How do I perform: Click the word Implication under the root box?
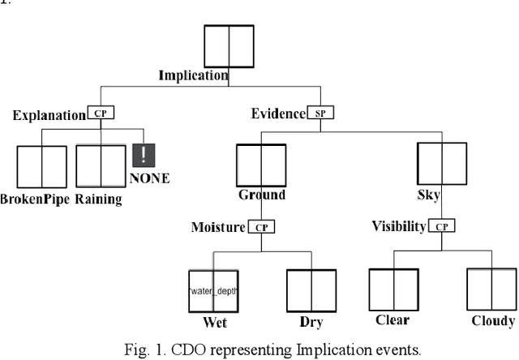tap(193, 76)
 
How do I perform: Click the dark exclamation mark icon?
tap(144, 156)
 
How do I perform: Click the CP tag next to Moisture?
tap(261, 228)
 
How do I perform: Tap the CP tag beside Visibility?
tap(440, 228)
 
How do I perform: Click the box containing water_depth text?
tap(213, 291)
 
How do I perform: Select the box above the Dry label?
tap(312, 291)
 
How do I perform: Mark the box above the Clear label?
tap(393, 290)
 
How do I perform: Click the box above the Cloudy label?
tap(491, 291)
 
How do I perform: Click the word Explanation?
tap(49, 115)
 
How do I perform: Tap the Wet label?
tap(214, 323)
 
